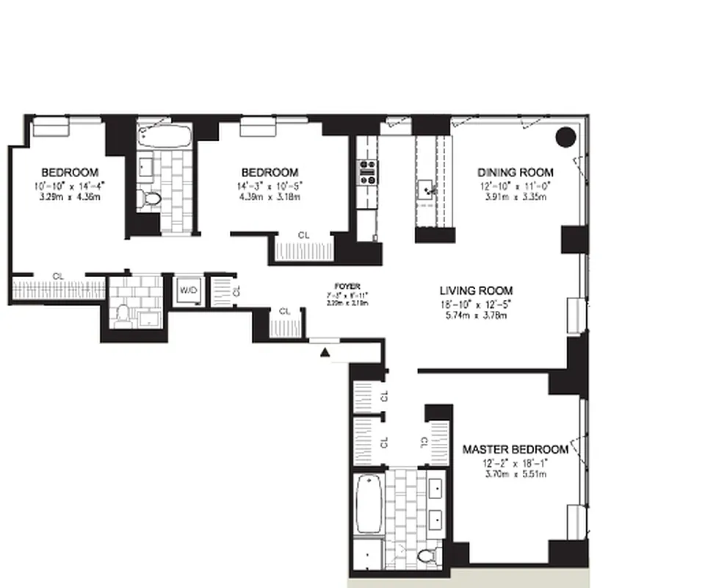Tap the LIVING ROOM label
476,290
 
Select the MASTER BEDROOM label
515,449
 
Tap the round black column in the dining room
565,137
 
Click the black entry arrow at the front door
325,354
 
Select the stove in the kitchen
367,172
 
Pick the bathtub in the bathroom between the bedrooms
164,136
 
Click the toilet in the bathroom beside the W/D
123,316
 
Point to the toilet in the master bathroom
426,558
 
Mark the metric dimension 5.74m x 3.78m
476,316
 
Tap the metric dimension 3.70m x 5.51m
515,474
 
